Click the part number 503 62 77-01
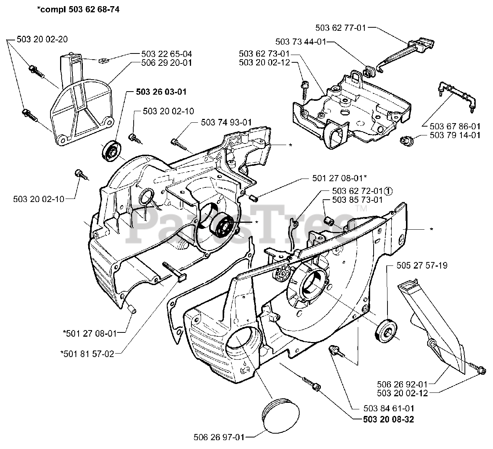pos(340,28)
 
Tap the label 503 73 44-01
pos(301,42)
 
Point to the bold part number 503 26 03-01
pos(161,92)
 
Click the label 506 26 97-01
pos(219,437)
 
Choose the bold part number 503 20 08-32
pos(389,419)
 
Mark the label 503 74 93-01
pos(226,123)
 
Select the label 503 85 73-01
pos(357,200)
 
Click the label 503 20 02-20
pos(42,39)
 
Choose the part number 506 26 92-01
pos(402,384)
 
